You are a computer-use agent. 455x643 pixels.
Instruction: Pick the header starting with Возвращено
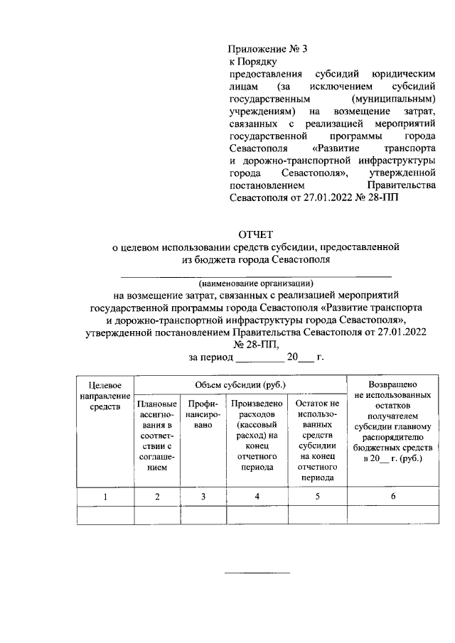click(x=392, y=421)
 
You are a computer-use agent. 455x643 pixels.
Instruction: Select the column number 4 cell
click(x=257, y=497)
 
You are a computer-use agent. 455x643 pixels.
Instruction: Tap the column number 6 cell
click(x=392, y=497)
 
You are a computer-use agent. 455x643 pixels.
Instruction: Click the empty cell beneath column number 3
click(x=203, y=515)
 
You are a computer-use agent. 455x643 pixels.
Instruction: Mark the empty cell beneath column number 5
click(x=317, y=515)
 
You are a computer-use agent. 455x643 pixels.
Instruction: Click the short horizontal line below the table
click(x=257, y=572)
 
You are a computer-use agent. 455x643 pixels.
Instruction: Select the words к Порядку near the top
click(x=247, y=62)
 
